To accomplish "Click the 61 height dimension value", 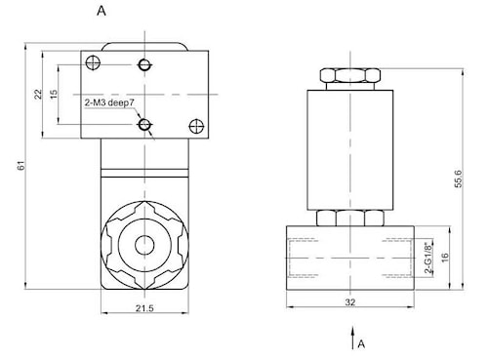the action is [21, 166].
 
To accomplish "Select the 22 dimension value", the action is [38, 94].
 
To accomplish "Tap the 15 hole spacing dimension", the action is [54, 94].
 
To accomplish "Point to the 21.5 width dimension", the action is [144, 308].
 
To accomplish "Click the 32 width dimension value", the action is [350, 302].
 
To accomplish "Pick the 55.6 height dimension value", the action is [458, 179].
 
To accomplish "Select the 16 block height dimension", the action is [445, 258].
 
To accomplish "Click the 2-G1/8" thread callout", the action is [429, 257].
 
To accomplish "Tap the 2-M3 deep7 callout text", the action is [109, 102].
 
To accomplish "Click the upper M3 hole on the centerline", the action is [144, 64].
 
